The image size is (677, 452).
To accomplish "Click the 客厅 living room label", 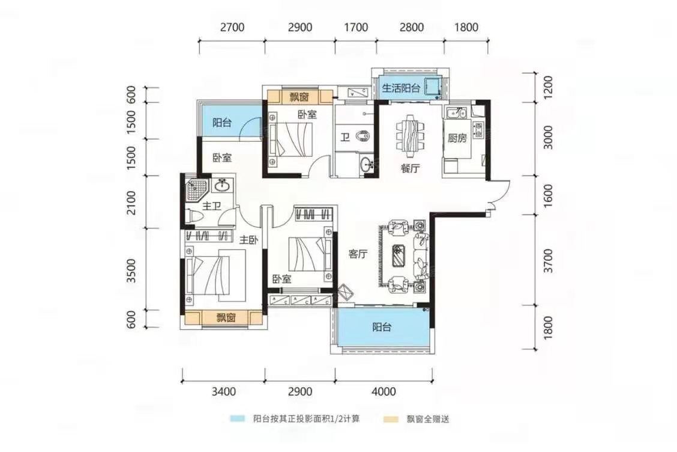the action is point(358,254).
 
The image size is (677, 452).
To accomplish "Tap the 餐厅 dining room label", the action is point(410,168).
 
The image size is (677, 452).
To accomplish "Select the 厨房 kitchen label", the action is point(457,138).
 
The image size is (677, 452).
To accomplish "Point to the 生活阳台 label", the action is point(401,88).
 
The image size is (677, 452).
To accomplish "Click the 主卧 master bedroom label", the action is point(248,240).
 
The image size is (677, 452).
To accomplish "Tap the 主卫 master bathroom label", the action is point(211,206).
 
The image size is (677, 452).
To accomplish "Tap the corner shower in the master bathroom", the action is point(196,191).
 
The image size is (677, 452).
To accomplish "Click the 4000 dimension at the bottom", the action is point(384,391).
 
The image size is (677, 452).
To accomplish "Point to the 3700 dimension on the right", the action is point(548,260).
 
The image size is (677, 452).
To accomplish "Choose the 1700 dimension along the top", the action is point(356,27).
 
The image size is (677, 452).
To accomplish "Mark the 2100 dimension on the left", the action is point(131,202).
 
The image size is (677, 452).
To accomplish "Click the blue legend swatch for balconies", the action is point(238,419).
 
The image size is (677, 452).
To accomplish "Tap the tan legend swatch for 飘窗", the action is point(391,419).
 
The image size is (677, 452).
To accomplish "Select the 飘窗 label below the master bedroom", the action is point(226,318).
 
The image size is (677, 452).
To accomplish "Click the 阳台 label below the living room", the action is point(382,327).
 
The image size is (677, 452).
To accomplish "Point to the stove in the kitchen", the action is point(478,129).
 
